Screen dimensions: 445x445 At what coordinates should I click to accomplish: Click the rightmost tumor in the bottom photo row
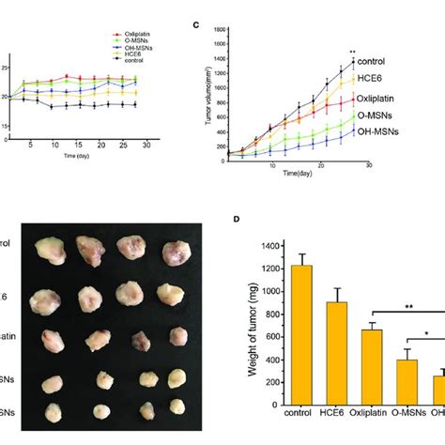(174, 410)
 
